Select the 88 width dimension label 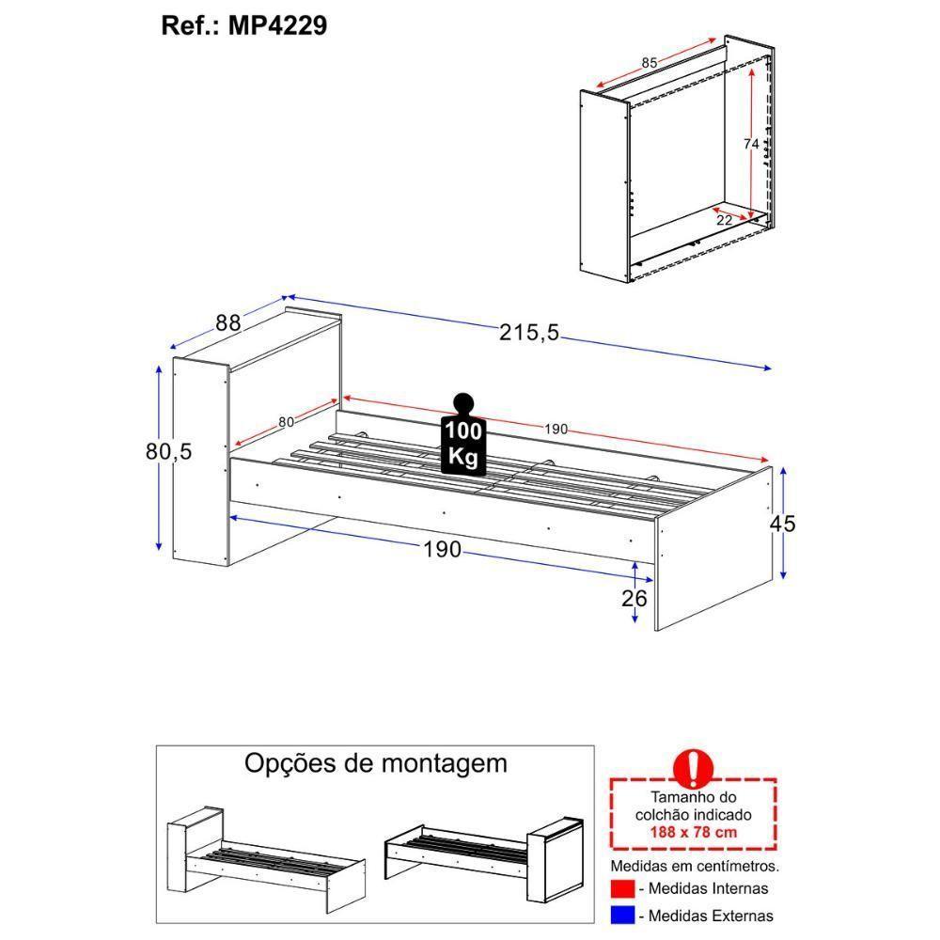(228, 322)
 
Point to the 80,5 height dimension (168, 451)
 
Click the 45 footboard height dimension (782, 524)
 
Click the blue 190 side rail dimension (442, 549)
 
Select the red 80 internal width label (286, 422)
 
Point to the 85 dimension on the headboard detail (650, 63)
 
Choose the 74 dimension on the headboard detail (750, 144)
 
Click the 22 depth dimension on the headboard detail (724, 220)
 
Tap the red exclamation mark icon (694, 769)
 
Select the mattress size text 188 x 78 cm (693, 832)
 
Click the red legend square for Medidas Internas (621, 888)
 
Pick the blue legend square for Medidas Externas (621, 915)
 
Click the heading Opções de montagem (375, 762)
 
